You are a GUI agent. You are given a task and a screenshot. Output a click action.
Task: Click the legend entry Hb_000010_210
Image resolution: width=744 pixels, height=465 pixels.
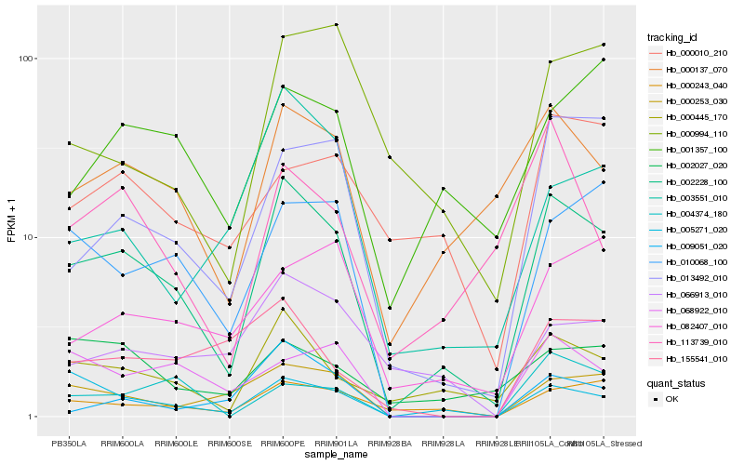click(690, 53)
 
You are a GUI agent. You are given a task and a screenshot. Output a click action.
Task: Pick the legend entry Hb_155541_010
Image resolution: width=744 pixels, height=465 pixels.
click(690, 358)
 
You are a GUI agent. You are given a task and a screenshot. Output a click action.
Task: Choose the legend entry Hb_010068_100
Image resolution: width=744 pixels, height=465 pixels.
click(690, 261)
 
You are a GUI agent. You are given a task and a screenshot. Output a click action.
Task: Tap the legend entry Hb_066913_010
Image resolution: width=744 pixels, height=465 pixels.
click(690, 294)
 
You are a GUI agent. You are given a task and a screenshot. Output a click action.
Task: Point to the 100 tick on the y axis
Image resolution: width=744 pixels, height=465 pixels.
click(26, 59)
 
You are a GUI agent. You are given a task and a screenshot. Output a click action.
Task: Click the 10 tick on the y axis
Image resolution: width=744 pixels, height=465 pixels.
click(29, 237)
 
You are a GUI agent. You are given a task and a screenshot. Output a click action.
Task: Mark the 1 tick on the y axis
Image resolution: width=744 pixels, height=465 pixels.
click(32, 417)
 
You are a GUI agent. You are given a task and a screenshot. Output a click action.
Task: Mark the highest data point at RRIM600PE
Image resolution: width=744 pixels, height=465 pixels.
click(282, 36)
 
